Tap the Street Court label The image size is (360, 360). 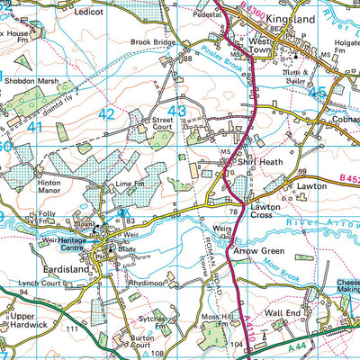pyautogui.click(x=161, y=123)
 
